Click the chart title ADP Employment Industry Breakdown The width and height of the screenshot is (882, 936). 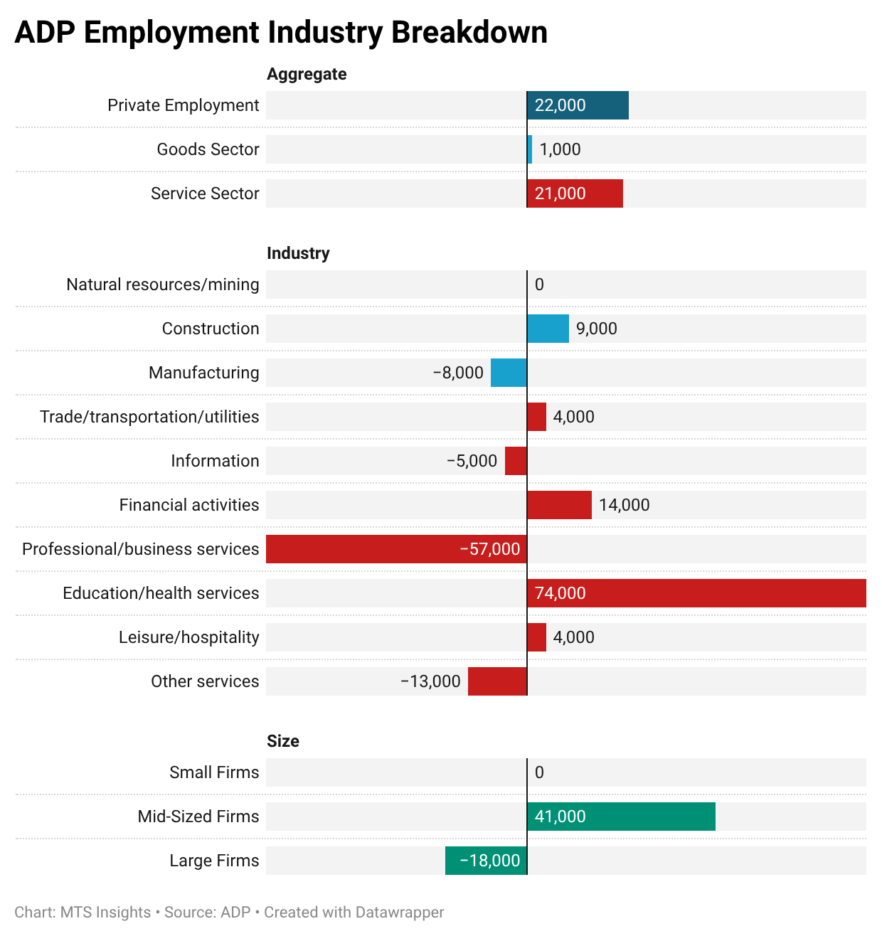(x=281, y=33)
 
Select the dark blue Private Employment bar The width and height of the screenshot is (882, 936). (x=578, y=105)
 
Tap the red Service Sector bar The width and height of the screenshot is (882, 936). (x=575, y=193)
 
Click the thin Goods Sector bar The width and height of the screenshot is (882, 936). (x=530, y=149)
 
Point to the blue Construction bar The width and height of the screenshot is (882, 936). (x=548, y=329)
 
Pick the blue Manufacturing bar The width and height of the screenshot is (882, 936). (x=509, y=373)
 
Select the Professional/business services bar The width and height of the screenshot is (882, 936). (x=396, y=549)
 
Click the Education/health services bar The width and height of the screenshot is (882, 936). (x=696, y=593)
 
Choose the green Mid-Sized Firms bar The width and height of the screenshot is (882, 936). (x=621, y=817)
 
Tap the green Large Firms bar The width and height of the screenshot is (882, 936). (x=486, y=861)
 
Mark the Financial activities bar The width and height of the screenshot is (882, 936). (x=559, y=505)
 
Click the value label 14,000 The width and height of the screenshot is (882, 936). (x=624, y=505)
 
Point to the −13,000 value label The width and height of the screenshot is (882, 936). (x=430, y=681)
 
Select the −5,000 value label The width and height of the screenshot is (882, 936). (x=472, y=461)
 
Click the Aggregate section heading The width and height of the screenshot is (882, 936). (x=307, y=74)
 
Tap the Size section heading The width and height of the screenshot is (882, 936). (x=282, y=741)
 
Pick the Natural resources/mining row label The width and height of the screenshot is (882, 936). (x=163, y=284)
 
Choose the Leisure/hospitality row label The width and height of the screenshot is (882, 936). (x=188, y=637)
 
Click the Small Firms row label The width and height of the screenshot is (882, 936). (x=214, y=772)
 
